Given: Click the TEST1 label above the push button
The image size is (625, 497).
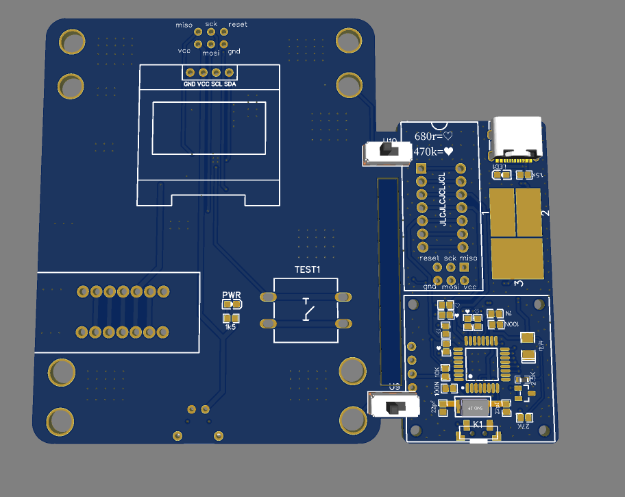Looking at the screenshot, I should (308, 269).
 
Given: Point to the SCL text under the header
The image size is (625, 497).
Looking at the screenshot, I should (217, 83).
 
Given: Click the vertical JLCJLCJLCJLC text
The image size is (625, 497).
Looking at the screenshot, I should (443, 199).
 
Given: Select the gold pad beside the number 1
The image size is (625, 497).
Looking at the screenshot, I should (501, 212).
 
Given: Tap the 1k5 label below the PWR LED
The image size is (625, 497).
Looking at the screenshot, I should (230, 328).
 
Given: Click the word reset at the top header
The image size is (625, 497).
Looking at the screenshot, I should (238, 25).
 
